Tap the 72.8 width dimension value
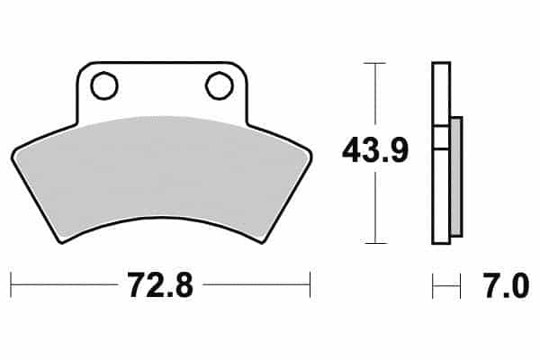pyautogui.click(x=160, y=285)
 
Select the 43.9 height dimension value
pyautogui.click(x=375, y=150)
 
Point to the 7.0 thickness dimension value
pyautogui.click(x=506, y=285)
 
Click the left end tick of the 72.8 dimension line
pyautogui.click(x=11, y=285)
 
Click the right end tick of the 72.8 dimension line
pyautogui.click(x=310, y=285)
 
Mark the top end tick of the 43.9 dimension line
pyautogui.click(x=374, y=63)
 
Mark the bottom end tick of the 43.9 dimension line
pyautogui.click(x=374, y=243)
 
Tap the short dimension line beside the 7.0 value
pyautogui.click(x=446, y=285)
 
